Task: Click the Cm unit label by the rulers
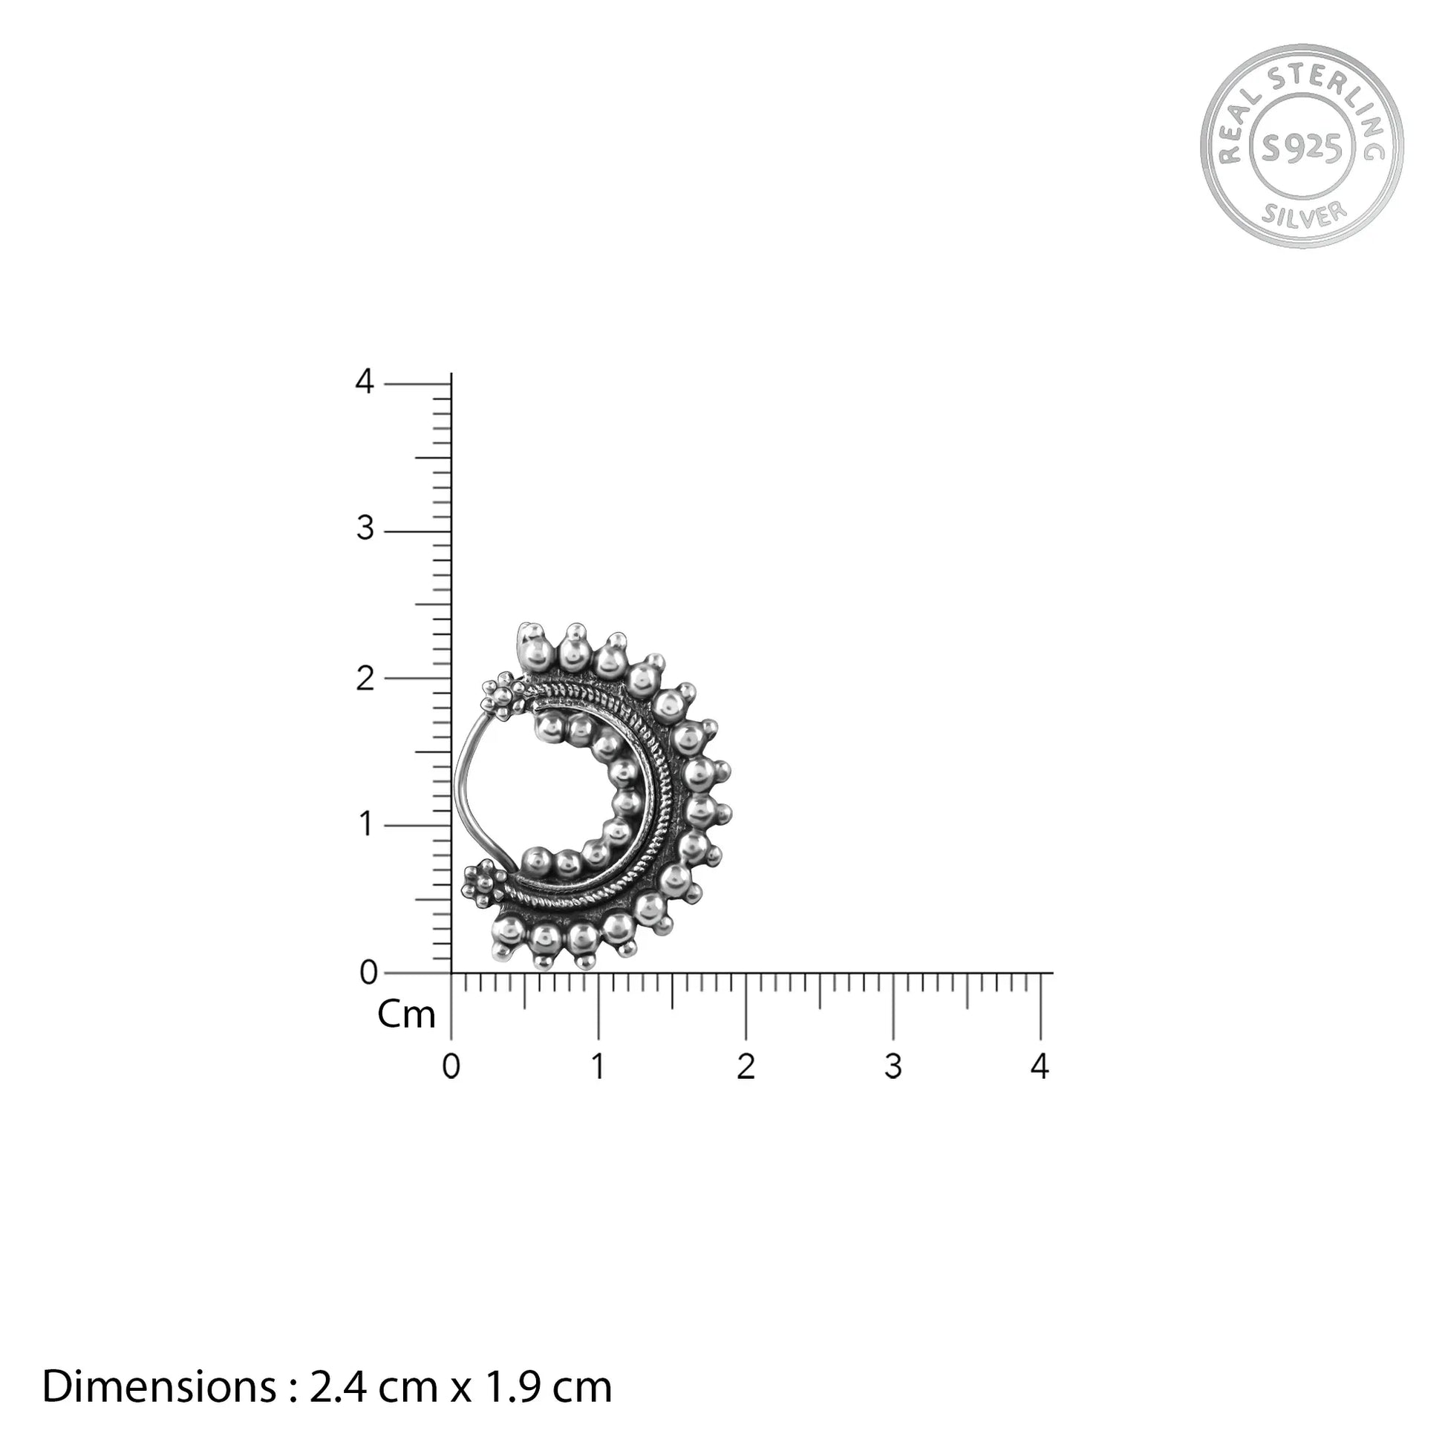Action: (x=406, y=1015)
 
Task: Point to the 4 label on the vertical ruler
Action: (x=365, y=382)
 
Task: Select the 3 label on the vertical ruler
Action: (x=365, y=529)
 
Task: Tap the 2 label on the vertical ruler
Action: (x=365, y=679)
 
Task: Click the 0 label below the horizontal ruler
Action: (x=451, y=1066)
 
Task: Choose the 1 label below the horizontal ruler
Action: (x=598, y=1066)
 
